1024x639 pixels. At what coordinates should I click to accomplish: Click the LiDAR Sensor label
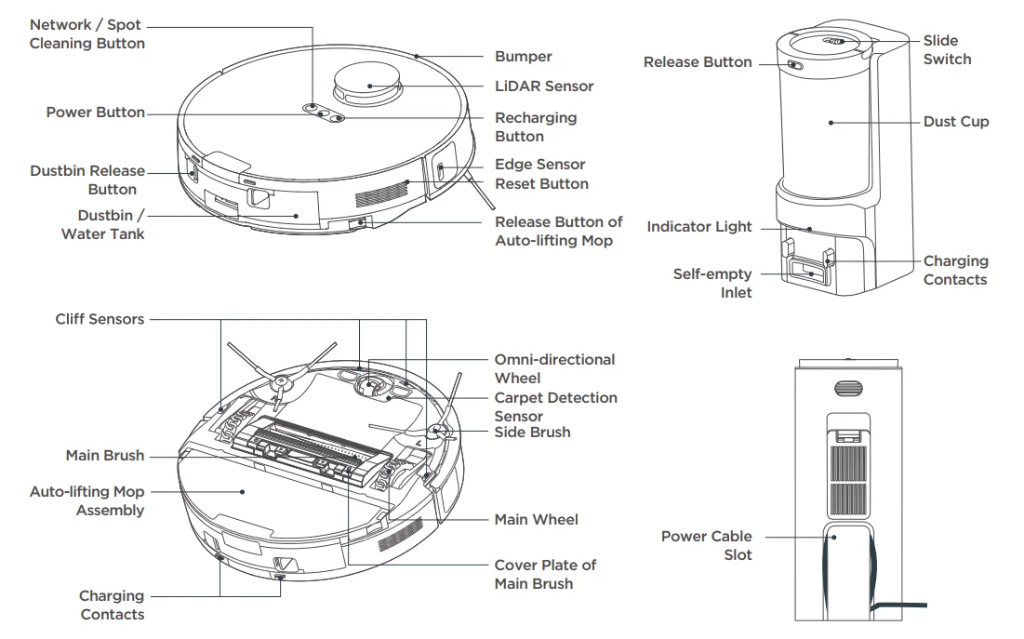pyautogui.click(x=543, y=86)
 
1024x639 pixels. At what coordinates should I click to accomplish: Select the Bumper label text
pyautogui.click(x=523, y=57)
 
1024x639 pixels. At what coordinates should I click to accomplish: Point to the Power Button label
pyautogui.click(x=96, y=113)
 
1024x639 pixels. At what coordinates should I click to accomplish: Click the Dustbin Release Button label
pyautogui.click(x=87, y=180)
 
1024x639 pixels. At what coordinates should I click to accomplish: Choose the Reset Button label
pyautogui.click(x=541, y=184)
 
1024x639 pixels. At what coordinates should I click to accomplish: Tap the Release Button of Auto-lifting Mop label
pyautogui.click(x=558, y=232)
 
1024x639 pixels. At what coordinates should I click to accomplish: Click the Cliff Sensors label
pyautogui.click(x=100, y=319)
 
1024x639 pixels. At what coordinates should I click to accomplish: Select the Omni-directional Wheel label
pyautogui.click(x=554, y=368)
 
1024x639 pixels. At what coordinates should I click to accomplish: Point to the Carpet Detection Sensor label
pyautogui.click(x=555, y=406)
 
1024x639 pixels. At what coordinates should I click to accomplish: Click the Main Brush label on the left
pyautogui.click(x=105, y=456)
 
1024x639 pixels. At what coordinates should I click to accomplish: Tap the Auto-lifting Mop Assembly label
pyautogui.click(x=87, y=500)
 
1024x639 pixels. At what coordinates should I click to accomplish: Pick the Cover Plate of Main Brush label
pyautogui.click(x=545, y=574)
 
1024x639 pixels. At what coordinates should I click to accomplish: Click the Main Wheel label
pyautogui.click(x=536, y=520)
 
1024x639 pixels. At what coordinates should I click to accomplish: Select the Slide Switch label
pyautogui.click(x=947, y=50)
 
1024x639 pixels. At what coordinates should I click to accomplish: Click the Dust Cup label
pyautogui.click(x=955, y=122)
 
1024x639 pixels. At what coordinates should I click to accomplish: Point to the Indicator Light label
pyautogui.click(x=699, y=227)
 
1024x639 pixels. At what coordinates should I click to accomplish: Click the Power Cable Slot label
pyautogui.click(x=706, y=545)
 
